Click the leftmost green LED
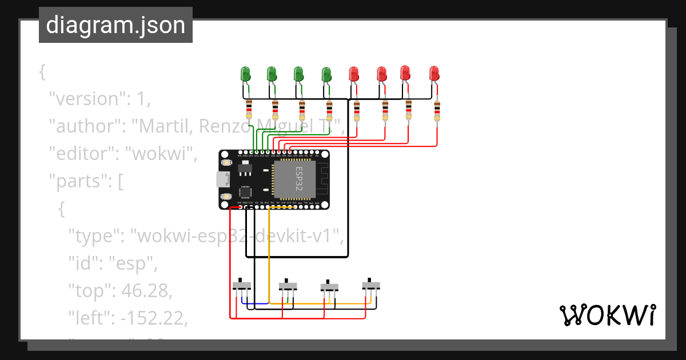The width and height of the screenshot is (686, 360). (x=246, y=73)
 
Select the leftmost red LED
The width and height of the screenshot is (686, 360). (x=354, y=74)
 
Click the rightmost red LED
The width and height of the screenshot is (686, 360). (x=434, y=73)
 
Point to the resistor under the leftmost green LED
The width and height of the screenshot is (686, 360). (x=249, y=109)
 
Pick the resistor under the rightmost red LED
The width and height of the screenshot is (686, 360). (x=437, y=111)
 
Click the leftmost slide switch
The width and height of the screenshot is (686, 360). (x=242, y=285)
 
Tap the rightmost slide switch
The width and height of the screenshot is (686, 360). (x=371, y=285)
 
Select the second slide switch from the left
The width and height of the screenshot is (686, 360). (x=288, y=285)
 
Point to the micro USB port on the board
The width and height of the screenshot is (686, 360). (x=222, y=179)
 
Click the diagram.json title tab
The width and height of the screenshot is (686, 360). (x=115, y=25)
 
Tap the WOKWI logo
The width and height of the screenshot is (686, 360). (x=607, y=315)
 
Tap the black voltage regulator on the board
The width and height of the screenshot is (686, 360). (x=244, y=169)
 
